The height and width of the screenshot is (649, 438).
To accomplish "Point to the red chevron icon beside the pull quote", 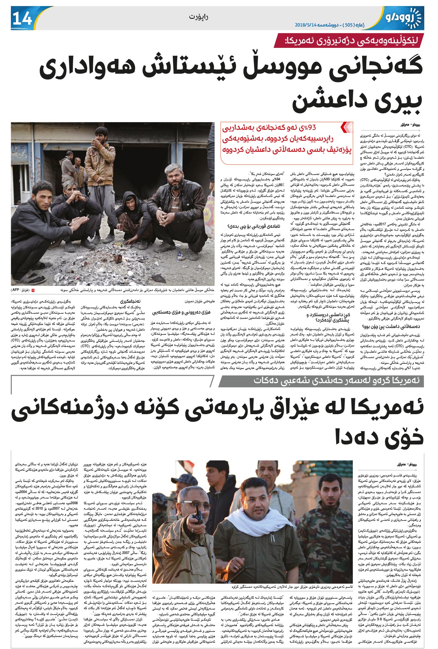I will tap(347, 128).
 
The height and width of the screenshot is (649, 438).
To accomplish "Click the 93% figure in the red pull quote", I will tap(308, 128).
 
